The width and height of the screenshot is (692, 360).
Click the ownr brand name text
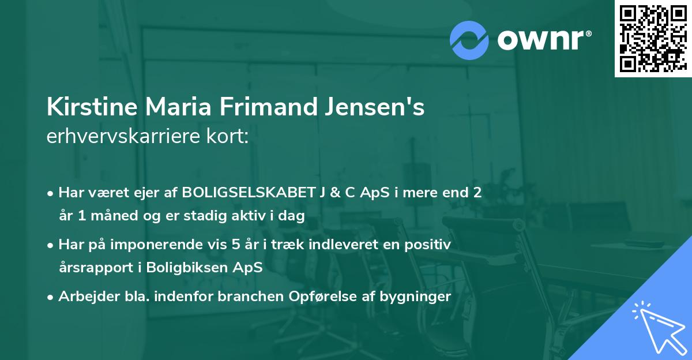click(544, 40)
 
